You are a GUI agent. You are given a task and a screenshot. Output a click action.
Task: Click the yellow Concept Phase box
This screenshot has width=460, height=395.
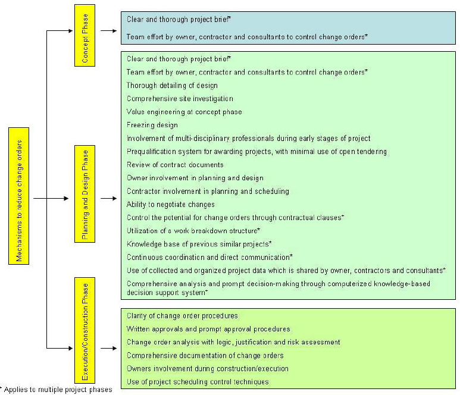tap(85, 35)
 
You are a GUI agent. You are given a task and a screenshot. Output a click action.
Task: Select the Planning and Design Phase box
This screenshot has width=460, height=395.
tap(85, 194)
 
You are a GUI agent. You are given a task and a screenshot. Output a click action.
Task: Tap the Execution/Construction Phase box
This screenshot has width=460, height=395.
tap(85, 331)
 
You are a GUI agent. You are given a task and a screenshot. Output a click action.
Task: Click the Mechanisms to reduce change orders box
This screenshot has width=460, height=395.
tap(19, 196)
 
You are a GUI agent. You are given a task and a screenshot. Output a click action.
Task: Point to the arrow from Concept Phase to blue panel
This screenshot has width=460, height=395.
tap(108, 31)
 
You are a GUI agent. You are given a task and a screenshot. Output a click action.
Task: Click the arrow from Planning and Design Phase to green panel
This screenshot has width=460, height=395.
tap(108, 199)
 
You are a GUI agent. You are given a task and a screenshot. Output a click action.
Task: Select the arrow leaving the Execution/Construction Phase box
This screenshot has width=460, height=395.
tap(108, 349)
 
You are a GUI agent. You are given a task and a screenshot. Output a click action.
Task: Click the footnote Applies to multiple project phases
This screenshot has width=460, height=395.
tap(56, 390)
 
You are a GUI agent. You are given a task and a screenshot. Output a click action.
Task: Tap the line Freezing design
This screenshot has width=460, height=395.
tap(152, 125)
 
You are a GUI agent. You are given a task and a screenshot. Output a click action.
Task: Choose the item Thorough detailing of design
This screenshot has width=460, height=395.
tap(172, 86)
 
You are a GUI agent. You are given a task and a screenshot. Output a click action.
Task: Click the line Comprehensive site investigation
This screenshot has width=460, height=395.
tap(180, 99)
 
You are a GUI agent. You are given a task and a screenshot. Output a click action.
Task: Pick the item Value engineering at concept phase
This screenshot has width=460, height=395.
tap(184, 112)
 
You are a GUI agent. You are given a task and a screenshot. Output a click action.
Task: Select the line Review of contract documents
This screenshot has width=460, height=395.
tap(175, 165)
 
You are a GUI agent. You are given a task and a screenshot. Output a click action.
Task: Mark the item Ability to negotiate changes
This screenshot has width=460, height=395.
tap(171, 205)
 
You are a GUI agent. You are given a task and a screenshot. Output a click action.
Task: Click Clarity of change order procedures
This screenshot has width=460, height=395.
tap(182, 316)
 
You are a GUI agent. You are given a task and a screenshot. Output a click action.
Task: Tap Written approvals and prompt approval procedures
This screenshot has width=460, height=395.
tap(208, 330)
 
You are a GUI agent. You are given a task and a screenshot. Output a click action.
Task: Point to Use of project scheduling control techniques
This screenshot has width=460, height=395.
tap(198, 382)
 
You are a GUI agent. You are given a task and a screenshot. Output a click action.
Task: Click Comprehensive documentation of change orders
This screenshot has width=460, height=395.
tap(205, 356)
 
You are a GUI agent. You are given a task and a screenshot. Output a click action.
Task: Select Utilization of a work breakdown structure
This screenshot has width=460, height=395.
tap(193, 231)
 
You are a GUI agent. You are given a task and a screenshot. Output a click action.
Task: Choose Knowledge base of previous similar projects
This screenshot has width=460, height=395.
tap(199, 244)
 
